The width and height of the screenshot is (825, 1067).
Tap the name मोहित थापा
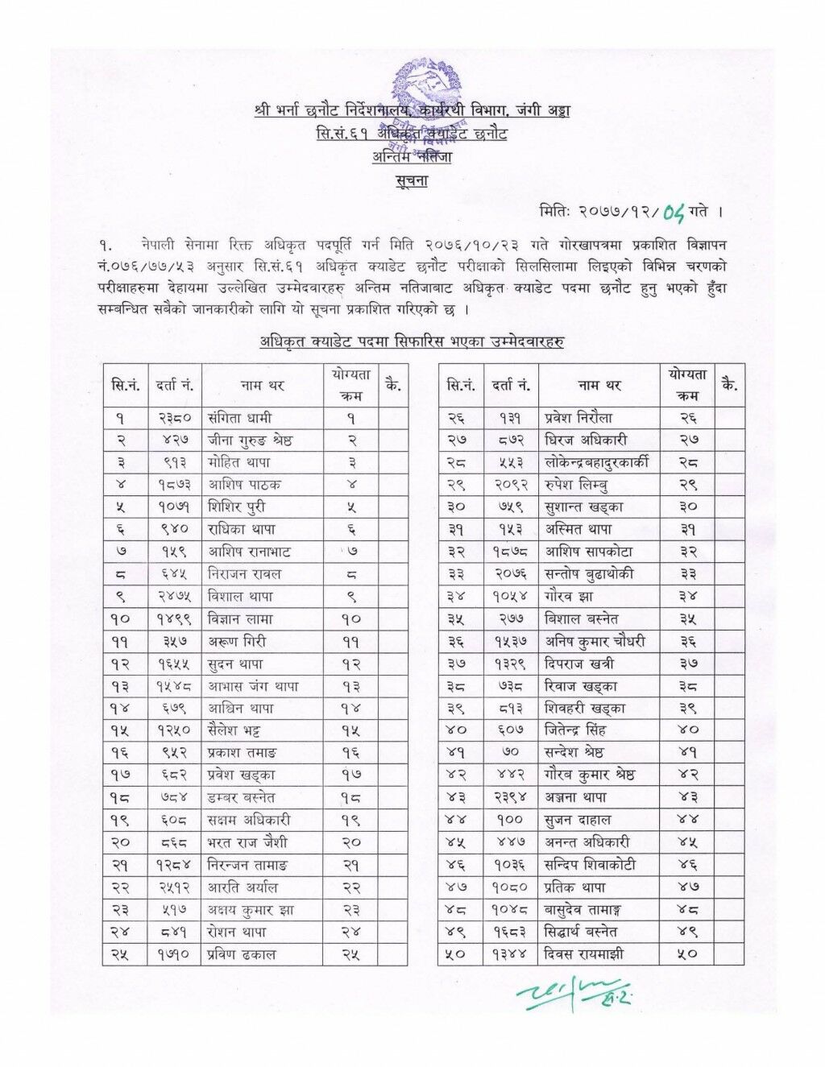(241, 463)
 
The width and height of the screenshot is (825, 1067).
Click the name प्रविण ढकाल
(245, 955)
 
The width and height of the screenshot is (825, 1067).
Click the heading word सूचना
(412, 181)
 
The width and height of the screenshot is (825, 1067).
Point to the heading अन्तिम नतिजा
(412, 158)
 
